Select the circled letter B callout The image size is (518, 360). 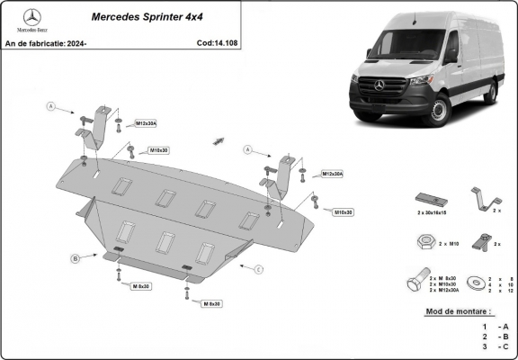pos(76,259)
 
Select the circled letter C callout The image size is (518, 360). pos(258,269)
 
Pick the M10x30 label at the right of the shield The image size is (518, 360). pos(342,212)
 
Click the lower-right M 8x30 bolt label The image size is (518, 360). pos(211,304)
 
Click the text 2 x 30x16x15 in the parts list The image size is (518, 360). pos(431,214)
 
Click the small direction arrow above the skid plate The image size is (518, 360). pos(219,139)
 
